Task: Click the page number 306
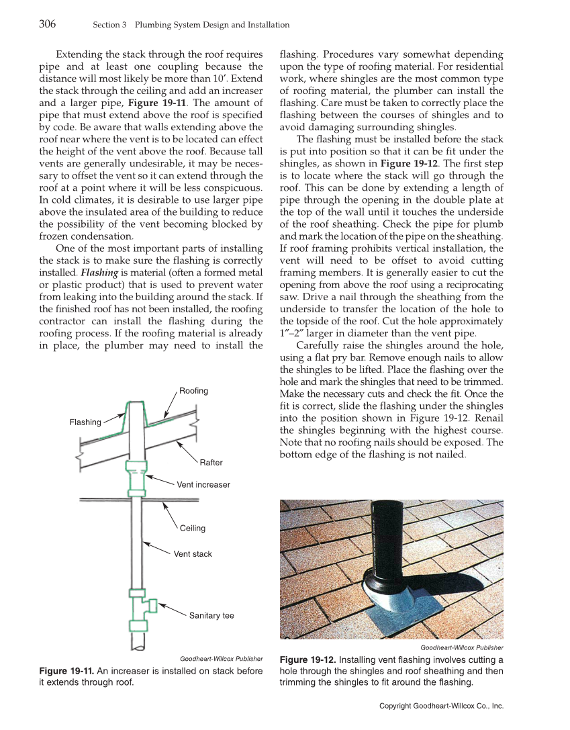click(x=47, y=24)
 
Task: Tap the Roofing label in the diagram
click(x=193, y=390)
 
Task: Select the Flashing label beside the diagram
click(x=85, y=422)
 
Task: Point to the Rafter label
click(x=211, y=462)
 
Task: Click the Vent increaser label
click(x=203, y=484)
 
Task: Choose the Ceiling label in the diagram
click(x=192, y=528)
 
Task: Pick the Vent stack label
click(x=193, y=554)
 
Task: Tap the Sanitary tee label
click(x=211, y=615)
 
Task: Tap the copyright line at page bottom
click(x=441, y=706)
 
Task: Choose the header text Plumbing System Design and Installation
click(x=212, y=25)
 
